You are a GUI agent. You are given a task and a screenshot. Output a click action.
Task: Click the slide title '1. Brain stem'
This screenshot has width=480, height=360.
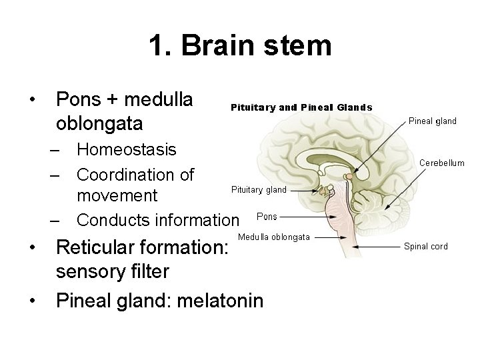point(240,46)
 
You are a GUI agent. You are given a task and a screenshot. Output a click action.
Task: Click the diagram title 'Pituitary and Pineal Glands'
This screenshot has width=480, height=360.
point(301,107)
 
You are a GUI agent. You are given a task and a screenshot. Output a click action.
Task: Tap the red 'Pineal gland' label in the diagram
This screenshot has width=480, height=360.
point(432,121)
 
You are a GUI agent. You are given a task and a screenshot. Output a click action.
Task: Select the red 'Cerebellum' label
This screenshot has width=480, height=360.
point(442,163)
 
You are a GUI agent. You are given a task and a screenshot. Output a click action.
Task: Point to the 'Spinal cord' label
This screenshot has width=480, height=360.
point(426,246)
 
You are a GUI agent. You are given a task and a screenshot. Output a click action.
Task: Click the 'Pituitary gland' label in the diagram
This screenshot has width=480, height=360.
point(259,189)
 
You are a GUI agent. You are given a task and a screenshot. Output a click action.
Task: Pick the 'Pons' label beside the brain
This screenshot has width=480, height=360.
point(267,217)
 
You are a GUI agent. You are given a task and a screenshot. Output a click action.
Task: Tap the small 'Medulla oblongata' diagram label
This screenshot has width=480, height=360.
point(273,237)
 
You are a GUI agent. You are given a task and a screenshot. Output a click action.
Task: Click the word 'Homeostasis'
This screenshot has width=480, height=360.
point(127,149)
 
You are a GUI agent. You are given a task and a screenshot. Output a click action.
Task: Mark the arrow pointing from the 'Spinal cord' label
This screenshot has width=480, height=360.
point(377,247)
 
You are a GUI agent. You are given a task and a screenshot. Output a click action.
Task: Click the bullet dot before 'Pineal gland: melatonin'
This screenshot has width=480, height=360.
point(33,301)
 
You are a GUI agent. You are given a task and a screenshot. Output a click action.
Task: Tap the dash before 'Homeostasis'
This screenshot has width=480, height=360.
point(58,149)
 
